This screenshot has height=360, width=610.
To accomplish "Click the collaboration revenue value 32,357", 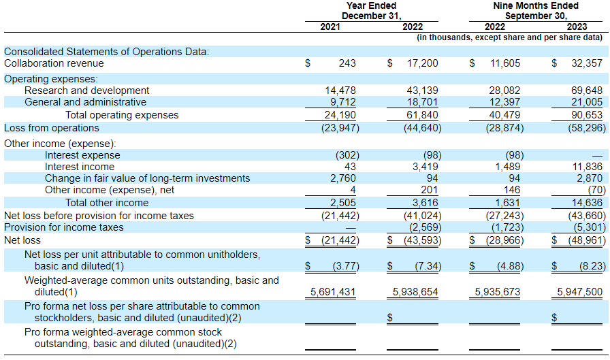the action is [587, 63].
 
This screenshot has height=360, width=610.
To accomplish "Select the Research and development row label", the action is [86, 91].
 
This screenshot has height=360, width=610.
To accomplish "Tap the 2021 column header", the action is [330, 27].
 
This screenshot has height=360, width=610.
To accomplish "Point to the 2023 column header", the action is [577, 27].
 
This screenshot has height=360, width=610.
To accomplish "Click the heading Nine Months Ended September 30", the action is [536, 11].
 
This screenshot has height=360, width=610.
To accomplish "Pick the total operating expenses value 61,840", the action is [423, 115].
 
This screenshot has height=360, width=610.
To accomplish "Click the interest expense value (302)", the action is [347, 155].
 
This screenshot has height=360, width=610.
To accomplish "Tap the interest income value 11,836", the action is [587, 167].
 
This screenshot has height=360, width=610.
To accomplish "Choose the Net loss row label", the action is [22, 240].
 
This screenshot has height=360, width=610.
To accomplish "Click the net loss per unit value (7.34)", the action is [428, 266].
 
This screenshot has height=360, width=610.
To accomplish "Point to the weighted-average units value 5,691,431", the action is [333, 291].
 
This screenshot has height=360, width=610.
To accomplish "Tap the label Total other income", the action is [107, 203].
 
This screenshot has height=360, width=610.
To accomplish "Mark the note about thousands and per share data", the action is [510, 37].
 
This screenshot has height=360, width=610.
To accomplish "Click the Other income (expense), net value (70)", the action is [597, 190].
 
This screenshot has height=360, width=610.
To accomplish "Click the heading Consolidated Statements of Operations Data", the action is [107, 52].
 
